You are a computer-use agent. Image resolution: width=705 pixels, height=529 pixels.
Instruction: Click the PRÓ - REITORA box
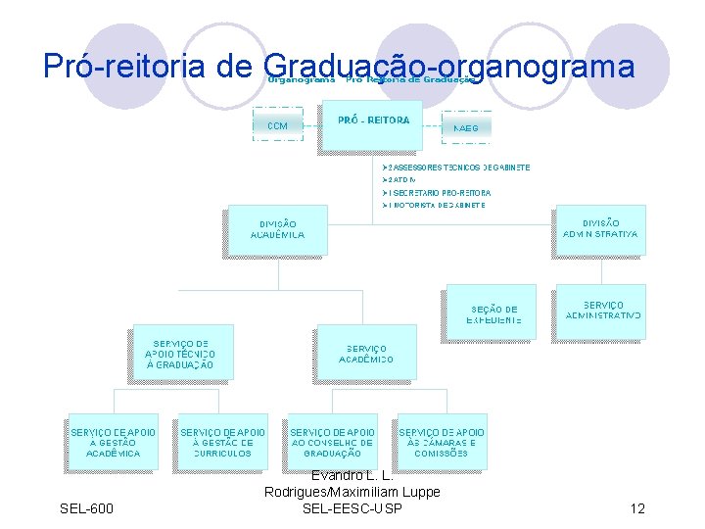point(373,124)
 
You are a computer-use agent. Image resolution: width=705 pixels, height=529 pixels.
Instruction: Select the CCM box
point(278,125)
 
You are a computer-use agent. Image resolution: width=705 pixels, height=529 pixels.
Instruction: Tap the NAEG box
point(466,127)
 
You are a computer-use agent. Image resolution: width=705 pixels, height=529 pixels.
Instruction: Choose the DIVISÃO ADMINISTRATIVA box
point(600,230)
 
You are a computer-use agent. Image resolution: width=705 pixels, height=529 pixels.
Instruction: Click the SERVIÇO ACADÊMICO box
point(366,355)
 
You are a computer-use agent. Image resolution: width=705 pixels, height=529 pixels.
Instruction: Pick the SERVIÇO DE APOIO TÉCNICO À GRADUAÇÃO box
point(180,353)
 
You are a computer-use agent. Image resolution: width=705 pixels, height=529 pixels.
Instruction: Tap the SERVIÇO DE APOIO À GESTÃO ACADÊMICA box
point(114,443)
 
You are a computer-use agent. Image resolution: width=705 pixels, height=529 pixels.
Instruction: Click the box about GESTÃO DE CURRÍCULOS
point(222,443)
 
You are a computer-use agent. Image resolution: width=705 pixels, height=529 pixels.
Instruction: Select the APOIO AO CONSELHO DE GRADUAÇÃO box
point(332,443)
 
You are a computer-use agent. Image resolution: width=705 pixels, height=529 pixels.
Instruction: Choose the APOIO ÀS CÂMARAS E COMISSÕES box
point(441,443)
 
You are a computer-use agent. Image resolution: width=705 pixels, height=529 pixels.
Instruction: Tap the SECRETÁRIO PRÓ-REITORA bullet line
point(437,193)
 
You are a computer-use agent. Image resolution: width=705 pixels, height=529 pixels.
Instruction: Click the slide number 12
point(637,508)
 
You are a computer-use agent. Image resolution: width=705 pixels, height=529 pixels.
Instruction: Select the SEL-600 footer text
point(86,508)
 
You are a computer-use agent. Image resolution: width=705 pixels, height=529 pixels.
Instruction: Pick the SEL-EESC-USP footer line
point(352,508)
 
